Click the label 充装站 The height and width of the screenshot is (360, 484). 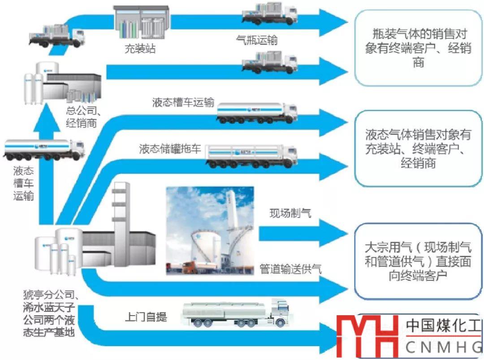coord(140,48)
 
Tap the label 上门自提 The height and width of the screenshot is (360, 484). coord(146,317)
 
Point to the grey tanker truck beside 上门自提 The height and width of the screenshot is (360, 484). coord(235,314)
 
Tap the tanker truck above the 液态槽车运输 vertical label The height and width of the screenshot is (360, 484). coord(43,150)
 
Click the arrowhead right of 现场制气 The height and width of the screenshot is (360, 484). coord(332,233)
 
